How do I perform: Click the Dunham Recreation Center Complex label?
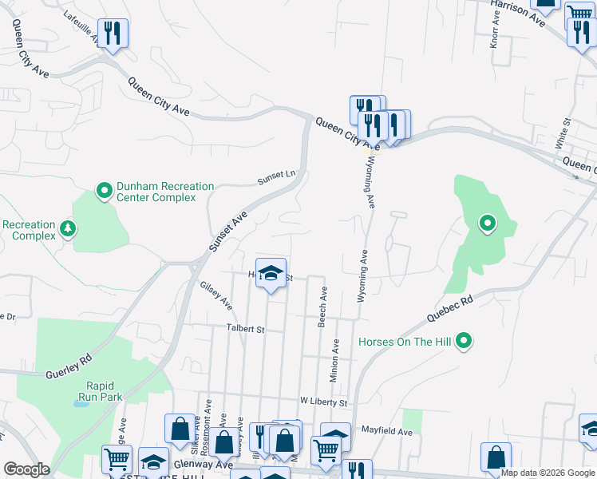165,192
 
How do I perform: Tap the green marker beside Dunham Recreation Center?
104,191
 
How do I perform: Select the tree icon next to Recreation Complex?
69,230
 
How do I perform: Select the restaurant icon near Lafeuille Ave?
113,34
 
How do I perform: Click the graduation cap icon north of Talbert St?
271,274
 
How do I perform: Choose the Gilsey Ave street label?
216,295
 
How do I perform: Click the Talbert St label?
244,329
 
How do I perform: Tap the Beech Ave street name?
323,307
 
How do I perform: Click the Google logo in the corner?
26,469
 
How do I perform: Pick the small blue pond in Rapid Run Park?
81,403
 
